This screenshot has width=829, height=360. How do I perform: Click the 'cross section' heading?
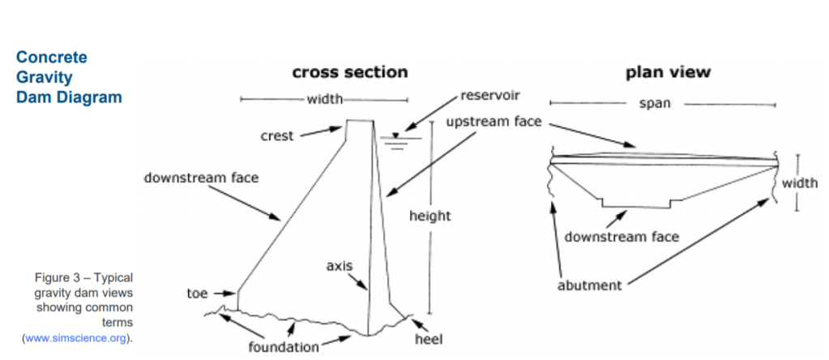[x=350, y=72]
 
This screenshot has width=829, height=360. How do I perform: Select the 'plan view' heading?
[x=667, y=72]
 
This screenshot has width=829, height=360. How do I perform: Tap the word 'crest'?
[x=277, y=136]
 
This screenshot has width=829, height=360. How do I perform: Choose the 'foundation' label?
[x=284, y=348]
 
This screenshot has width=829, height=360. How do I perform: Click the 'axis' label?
[x=339, y=265]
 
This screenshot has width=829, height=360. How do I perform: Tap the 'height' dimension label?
[x=429, y=216]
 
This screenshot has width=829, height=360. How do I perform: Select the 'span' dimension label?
[x=655, y=104]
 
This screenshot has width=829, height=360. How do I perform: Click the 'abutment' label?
[x=589, y=285]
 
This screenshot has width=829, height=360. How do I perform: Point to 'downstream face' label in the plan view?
[x=622, y=237]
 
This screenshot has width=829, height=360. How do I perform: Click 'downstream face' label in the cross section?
[x=201, y=178]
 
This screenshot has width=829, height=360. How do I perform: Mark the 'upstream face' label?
[x=494, y=122]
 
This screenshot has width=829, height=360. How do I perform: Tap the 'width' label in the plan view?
[x=800, y=183]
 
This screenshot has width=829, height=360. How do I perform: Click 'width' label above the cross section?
[x=324, y=100]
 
